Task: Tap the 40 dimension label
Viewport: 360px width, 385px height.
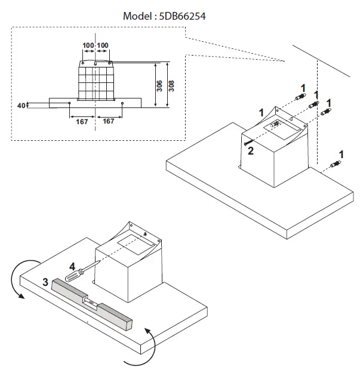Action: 21,105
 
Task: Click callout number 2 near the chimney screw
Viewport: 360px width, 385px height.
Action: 251,151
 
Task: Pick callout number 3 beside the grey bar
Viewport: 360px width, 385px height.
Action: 45,282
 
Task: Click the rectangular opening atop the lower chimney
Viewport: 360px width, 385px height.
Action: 131,242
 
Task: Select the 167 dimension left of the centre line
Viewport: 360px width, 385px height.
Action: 82,121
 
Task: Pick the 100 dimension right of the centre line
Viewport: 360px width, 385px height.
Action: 103,45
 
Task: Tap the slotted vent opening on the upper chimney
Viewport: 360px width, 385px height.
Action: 276,125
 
